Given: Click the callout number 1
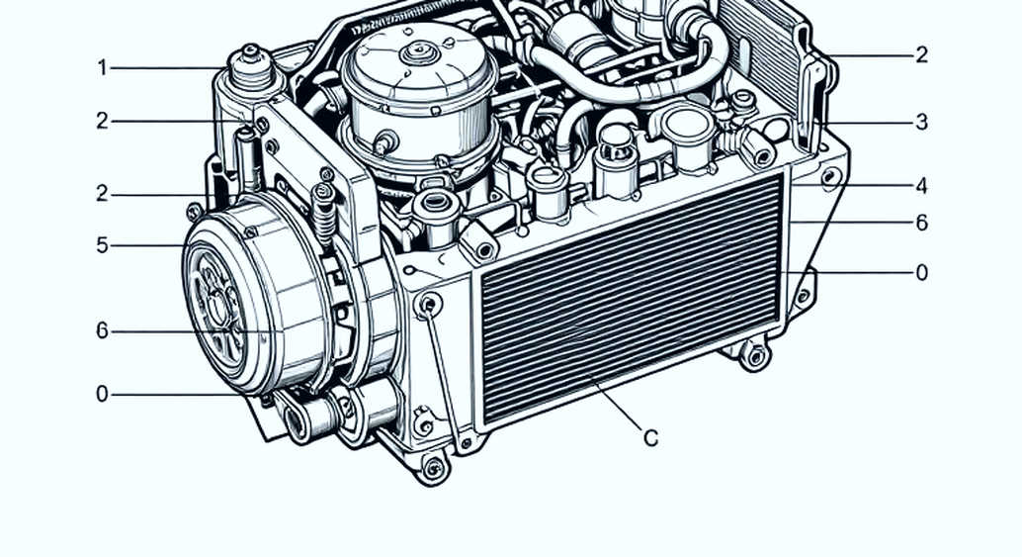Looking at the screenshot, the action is coord(102,68).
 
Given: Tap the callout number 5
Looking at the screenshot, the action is coord(102,245).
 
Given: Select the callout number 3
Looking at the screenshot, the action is coord(921,122).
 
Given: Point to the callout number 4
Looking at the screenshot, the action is coord(921,187).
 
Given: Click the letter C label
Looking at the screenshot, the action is coord(650,438).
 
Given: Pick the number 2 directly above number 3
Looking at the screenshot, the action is coord(921,54).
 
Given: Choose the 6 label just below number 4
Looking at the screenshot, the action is coord(921,223).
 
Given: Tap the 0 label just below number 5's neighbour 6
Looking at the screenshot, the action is coord(102,394).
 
